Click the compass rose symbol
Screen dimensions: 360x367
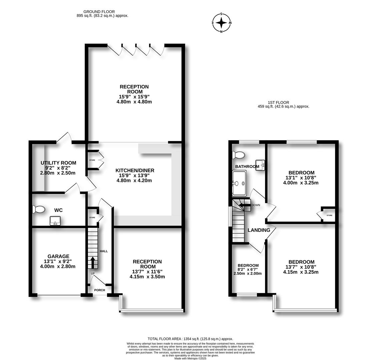222,23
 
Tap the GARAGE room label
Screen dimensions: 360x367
58,256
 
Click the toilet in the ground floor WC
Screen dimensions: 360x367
39,209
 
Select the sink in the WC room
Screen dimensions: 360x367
55,220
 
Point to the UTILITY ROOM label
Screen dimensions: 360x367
58,163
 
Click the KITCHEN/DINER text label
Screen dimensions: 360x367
135,170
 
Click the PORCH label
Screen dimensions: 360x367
99,290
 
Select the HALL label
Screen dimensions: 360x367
104,251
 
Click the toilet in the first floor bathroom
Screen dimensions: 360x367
239,155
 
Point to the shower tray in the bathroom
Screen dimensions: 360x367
239,183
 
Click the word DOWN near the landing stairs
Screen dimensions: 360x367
256,205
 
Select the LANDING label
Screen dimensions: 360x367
259,230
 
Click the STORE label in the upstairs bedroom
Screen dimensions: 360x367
329,215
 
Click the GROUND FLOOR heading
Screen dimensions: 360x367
99,12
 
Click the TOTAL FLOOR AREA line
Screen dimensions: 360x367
190,339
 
